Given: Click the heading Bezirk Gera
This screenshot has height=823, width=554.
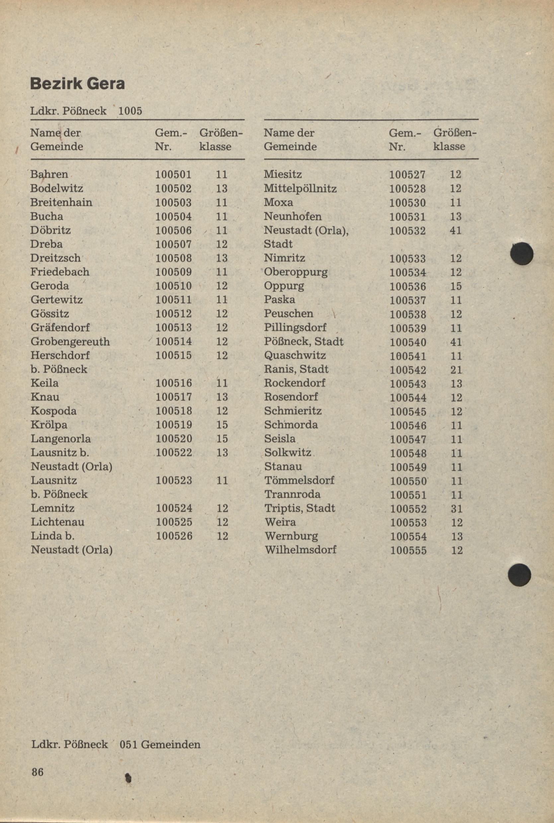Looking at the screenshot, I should click(77, 84).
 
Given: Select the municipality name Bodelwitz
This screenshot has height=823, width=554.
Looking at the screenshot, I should click(56, 188).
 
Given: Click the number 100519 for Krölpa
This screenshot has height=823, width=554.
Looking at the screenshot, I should click(174, 425).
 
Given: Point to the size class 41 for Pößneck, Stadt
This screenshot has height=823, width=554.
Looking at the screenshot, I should click(456, 342).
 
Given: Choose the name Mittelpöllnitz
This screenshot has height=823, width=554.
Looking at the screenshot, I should click(300, 188).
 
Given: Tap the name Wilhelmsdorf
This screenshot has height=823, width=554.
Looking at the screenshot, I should click(300, 550).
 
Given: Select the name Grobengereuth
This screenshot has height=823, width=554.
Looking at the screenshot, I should click(70, 341).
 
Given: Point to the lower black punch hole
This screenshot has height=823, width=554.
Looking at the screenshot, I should click(519, 575).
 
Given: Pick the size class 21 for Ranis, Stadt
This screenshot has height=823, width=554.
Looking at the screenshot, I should click(456, 370).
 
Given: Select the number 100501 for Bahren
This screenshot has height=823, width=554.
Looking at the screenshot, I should click(174, 175).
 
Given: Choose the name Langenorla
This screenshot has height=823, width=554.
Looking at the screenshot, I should click(61, 439).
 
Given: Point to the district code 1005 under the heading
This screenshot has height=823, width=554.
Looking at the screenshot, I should click(130, 111).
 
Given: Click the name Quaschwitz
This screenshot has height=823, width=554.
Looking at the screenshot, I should click(295, 356).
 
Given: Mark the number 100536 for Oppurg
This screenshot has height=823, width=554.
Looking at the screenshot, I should click(408, 286).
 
